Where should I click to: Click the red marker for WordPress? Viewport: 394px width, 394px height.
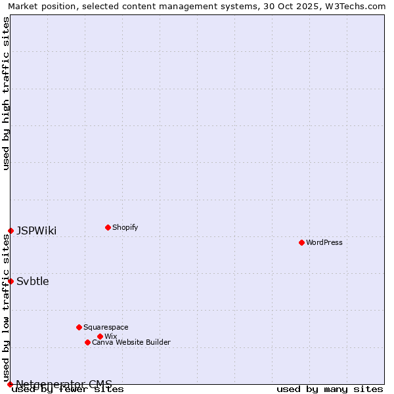click(301, 242)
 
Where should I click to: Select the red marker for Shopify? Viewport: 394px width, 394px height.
click(108, 227)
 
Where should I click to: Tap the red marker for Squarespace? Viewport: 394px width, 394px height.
click(79, 327)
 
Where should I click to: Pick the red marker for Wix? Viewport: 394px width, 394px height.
click(100, 336)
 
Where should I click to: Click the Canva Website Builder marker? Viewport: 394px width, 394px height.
click(87, 342)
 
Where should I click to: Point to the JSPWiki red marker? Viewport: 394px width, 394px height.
click(11, 230)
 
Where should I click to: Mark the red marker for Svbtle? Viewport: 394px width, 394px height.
click(11, 281)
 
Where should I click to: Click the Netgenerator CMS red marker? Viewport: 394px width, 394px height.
click(10, 384)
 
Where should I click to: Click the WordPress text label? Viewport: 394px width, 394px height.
click(324, 242)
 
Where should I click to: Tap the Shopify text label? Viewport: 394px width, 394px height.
click(125, 227)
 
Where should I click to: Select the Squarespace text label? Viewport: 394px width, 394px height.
click(106, 327)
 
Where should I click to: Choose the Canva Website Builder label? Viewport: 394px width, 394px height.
click(131, 342)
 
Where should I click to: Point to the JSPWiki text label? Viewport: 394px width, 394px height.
click(36, 230)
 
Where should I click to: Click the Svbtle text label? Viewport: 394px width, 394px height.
click(33, 282)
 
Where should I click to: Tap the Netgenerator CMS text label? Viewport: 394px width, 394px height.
click(64, 383)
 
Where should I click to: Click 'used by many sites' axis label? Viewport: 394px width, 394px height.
click(330, 389)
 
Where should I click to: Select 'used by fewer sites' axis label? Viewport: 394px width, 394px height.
click(68, 389)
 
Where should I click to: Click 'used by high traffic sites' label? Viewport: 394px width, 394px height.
click(7, 93)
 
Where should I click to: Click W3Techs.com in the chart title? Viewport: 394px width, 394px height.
click(353, 6)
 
